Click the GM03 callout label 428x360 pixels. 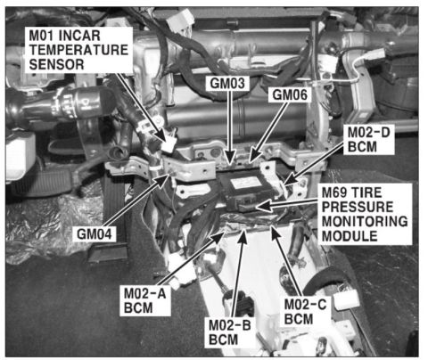(x=227, y=83)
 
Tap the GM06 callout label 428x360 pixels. (x=290, y=95)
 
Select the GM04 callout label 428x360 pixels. (x=94, y=234)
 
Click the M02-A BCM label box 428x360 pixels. (x=145, y=300)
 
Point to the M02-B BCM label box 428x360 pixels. (x=230, y=332)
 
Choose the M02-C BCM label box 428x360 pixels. (x=305, y=312)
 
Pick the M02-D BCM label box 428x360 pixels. (x=369, y=139)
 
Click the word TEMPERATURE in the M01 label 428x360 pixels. (x=78, y=50)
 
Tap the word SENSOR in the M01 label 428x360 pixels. (x=56, y=64)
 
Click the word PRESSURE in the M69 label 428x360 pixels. (x=358, y=207)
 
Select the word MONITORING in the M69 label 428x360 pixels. (x=365, y=221)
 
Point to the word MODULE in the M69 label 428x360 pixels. (x=350, y=236)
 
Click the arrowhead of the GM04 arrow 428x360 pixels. (x=164, y=180)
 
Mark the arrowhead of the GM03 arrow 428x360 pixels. (x=230, y=158)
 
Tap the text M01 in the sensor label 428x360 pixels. (x=41, y=36)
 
